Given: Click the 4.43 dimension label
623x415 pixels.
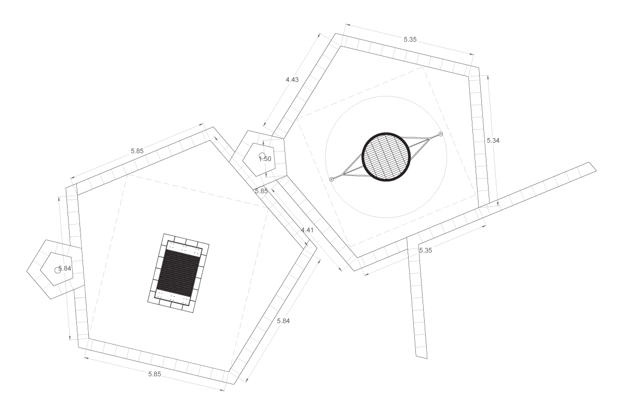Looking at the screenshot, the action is click(292, 80).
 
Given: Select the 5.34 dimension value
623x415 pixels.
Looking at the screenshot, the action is click(493, 141).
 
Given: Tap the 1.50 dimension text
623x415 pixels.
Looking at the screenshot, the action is click(265, 159).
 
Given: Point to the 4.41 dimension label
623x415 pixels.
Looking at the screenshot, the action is click(307, 230).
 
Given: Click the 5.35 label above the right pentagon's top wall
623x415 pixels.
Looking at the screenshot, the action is click(410, 39).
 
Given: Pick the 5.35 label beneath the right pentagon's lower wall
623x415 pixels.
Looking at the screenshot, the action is click(426, 251).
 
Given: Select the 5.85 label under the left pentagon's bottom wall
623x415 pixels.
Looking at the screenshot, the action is click(154, 374).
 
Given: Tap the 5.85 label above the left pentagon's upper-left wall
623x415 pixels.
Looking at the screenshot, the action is click(137, 151).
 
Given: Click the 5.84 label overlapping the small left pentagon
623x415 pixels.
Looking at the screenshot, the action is click(64, 269).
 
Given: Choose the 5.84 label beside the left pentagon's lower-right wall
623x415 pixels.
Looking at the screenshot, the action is click(283, 321).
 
